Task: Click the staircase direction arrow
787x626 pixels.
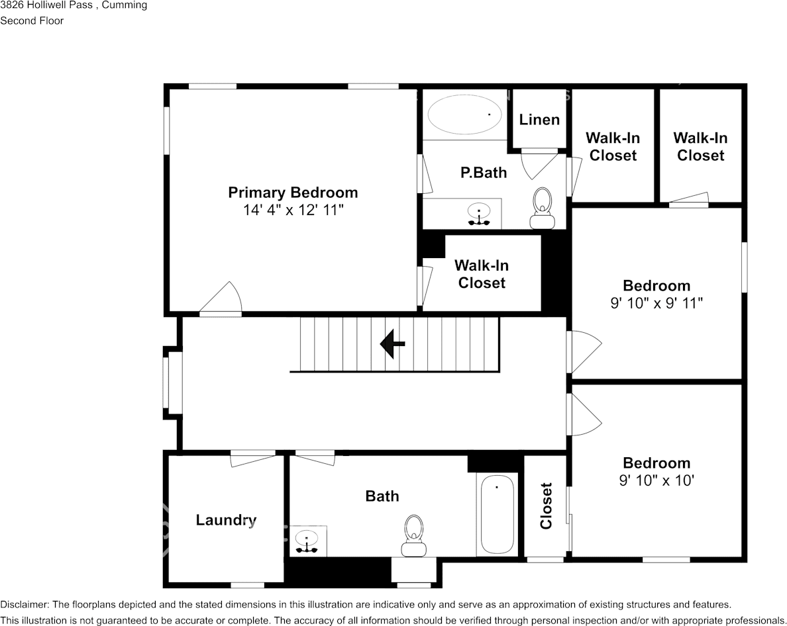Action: [x=392, y=344]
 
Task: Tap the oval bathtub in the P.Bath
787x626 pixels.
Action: [x=464, y=114]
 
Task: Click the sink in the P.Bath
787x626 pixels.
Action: [x=479, y=214]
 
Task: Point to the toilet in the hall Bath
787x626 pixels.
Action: [x=414, y=536]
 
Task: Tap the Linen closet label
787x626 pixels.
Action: [x=539, y=120]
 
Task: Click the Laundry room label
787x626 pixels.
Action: [x=226, y=520]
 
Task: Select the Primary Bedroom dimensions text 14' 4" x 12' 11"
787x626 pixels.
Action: [x=293, y=210]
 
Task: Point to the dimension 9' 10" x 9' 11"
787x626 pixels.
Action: [x=656, y=303]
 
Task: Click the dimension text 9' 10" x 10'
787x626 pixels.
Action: [x=656, y=480]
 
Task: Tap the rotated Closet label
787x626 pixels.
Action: [x=546, y=506]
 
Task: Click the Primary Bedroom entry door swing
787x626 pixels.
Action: [x=221, y=298]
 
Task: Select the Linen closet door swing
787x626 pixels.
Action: [x=539, y=164]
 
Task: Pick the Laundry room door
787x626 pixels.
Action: [x=253, y=459]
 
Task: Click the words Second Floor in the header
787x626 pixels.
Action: [x=32, y=21]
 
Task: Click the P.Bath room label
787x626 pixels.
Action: [x=484, y=173]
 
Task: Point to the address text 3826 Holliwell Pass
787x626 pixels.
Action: [x=46, y=5]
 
